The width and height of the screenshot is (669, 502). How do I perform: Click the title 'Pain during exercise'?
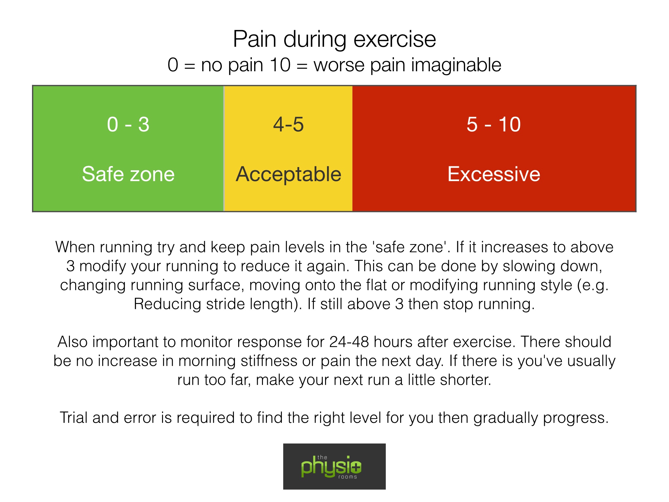tap(334, 40)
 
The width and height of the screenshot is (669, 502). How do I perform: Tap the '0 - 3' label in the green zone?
tap(128, 125)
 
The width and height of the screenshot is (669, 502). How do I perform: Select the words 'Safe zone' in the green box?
tap(128, 174)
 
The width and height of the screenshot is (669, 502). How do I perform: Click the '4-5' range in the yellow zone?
tap(288, 125)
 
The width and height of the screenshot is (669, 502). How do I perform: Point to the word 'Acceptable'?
tap(288, 175)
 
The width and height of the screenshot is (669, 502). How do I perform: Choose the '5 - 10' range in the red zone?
tap(494, 125)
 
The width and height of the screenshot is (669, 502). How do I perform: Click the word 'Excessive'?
tap(494, 174)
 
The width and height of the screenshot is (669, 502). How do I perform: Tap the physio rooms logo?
tap(334, 466)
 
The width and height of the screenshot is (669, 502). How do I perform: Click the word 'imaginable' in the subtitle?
tap(456, 65)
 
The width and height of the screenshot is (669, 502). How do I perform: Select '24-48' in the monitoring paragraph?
tap(349, 342)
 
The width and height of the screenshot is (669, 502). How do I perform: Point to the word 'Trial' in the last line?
tap(73, 418)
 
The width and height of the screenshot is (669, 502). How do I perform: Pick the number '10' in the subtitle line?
tap(280, 65)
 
